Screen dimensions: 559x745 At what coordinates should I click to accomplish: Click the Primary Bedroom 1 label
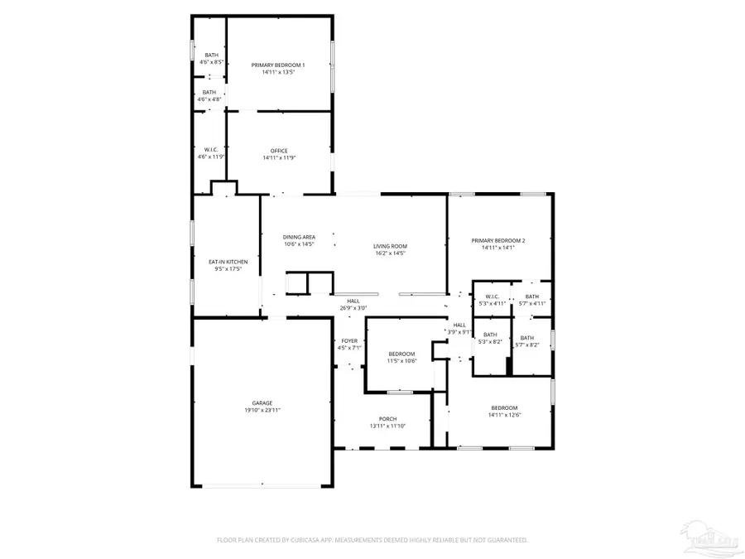point(278,65)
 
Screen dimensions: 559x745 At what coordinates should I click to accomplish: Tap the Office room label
point(278,151)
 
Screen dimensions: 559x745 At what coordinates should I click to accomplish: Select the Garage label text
point(262,403)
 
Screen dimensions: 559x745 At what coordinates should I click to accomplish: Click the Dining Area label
point(299,237)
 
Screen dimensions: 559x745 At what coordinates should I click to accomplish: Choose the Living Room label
point(390,246)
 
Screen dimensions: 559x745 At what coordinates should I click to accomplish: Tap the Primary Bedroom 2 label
point(498,241)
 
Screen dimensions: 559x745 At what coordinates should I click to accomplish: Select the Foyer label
point(349,341)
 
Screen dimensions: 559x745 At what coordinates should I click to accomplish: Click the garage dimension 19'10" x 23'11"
point(262,410)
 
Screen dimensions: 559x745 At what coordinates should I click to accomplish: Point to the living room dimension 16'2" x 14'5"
point(390,253)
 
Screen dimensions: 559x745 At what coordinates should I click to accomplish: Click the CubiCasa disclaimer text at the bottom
point(372,540)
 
